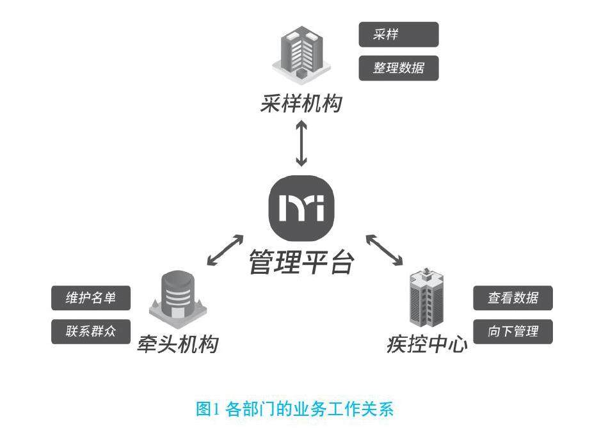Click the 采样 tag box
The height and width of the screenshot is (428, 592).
coord(398,35)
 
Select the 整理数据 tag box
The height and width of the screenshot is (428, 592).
coord(398,68)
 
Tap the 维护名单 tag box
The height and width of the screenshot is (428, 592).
coord(91,298)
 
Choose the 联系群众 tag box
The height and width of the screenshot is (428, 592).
coord(91,332)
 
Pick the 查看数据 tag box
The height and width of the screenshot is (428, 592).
coord(513,298)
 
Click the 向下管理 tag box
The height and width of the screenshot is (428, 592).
coord(513,331)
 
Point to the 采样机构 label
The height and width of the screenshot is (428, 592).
coord(301,104)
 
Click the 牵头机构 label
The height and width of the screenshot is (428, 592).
coord(177,344)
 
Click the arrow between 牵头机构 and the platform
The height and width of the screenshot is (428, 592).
coord(224,250)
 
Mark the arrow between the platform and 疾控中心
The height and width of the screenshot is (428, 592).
coord(384,250)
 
